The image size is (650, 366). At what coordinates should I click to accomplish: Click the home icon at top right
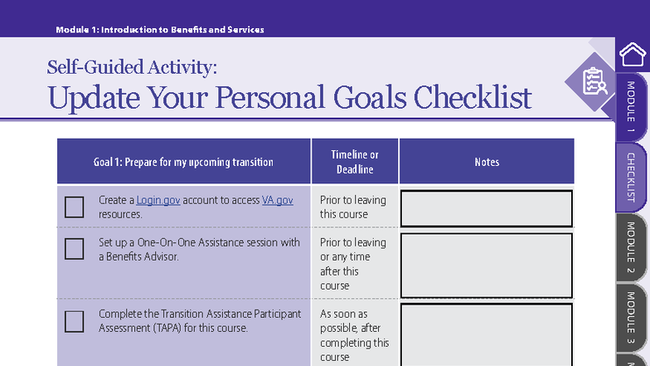tap(633, 54)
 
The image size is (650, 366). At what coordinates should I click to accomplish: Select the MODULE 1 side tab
tap(632, 107)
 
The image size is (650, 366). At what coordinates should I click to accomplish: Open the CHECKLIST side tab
tap(632, 178)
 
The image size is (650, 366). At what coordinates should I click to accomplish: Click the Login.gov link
tap(158, 200)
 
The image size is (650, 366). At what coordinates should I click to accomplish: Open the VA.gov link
tap(278, 200)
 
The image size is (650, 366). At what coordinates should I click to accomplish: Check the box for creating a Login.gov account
tap(75, 207)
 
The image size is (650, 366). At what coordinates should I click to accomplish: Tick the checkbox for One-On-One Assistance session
tap(75, 249)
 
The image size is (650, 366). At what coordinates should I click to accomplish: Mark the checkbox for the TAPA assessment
tap(75, 321)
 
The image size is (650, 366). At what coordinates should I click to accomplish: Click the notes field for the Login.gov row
tap(487, 208)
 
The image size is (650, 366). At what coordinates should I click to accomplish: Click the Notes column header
tap(487, 162)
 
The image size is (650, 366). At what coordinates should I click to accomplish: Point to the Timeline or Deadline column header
tap(355, 162)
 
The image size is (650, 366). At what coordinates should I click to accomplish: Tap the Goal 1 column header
tap(183, 162)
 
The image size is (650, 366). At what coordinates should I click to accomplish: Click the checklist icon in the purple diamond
tap(594, 81)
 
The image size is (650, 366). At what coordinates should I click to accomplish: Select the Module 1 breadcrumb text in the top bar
tap(160, 30)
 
